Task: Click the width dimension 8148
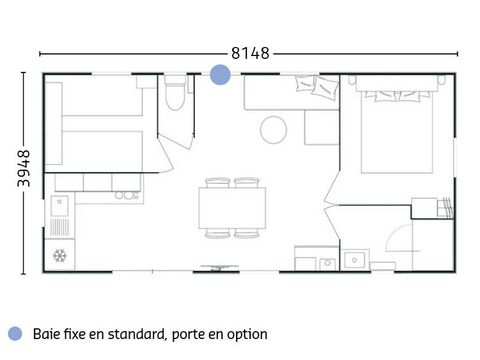[x=250, y=52]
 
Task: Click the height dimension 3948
[x=23, y=170]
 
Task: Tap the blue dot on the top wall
[x=219, y=74]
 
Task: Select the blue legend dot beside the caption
[x=14, y=334]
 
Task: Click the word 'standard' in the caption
[x=127, y=334]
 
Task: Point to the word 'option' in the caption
[x=246, y=334]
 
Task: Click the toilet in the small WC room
[x=176, y=97]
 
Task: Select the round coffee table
[x=274, y=129]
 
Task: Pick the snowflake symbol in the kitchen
[x=60, y=255]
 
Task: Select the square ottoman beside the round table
[x=321, y=128]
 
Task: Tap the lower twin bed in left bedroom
[x=100, y=150]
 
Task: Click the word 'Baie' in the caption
[x=45, y=334]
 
